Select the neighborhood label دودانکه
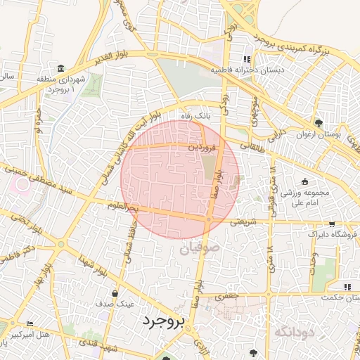point(293,330)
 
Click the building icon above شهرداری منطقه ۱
point(61,68)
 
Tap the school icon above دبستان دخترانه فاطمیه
point(246,59)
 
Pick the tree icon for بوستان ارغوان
point(319,122)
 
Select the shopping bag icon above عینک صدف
point(115,293)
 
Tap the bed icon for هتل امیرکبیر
point(29,323)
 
